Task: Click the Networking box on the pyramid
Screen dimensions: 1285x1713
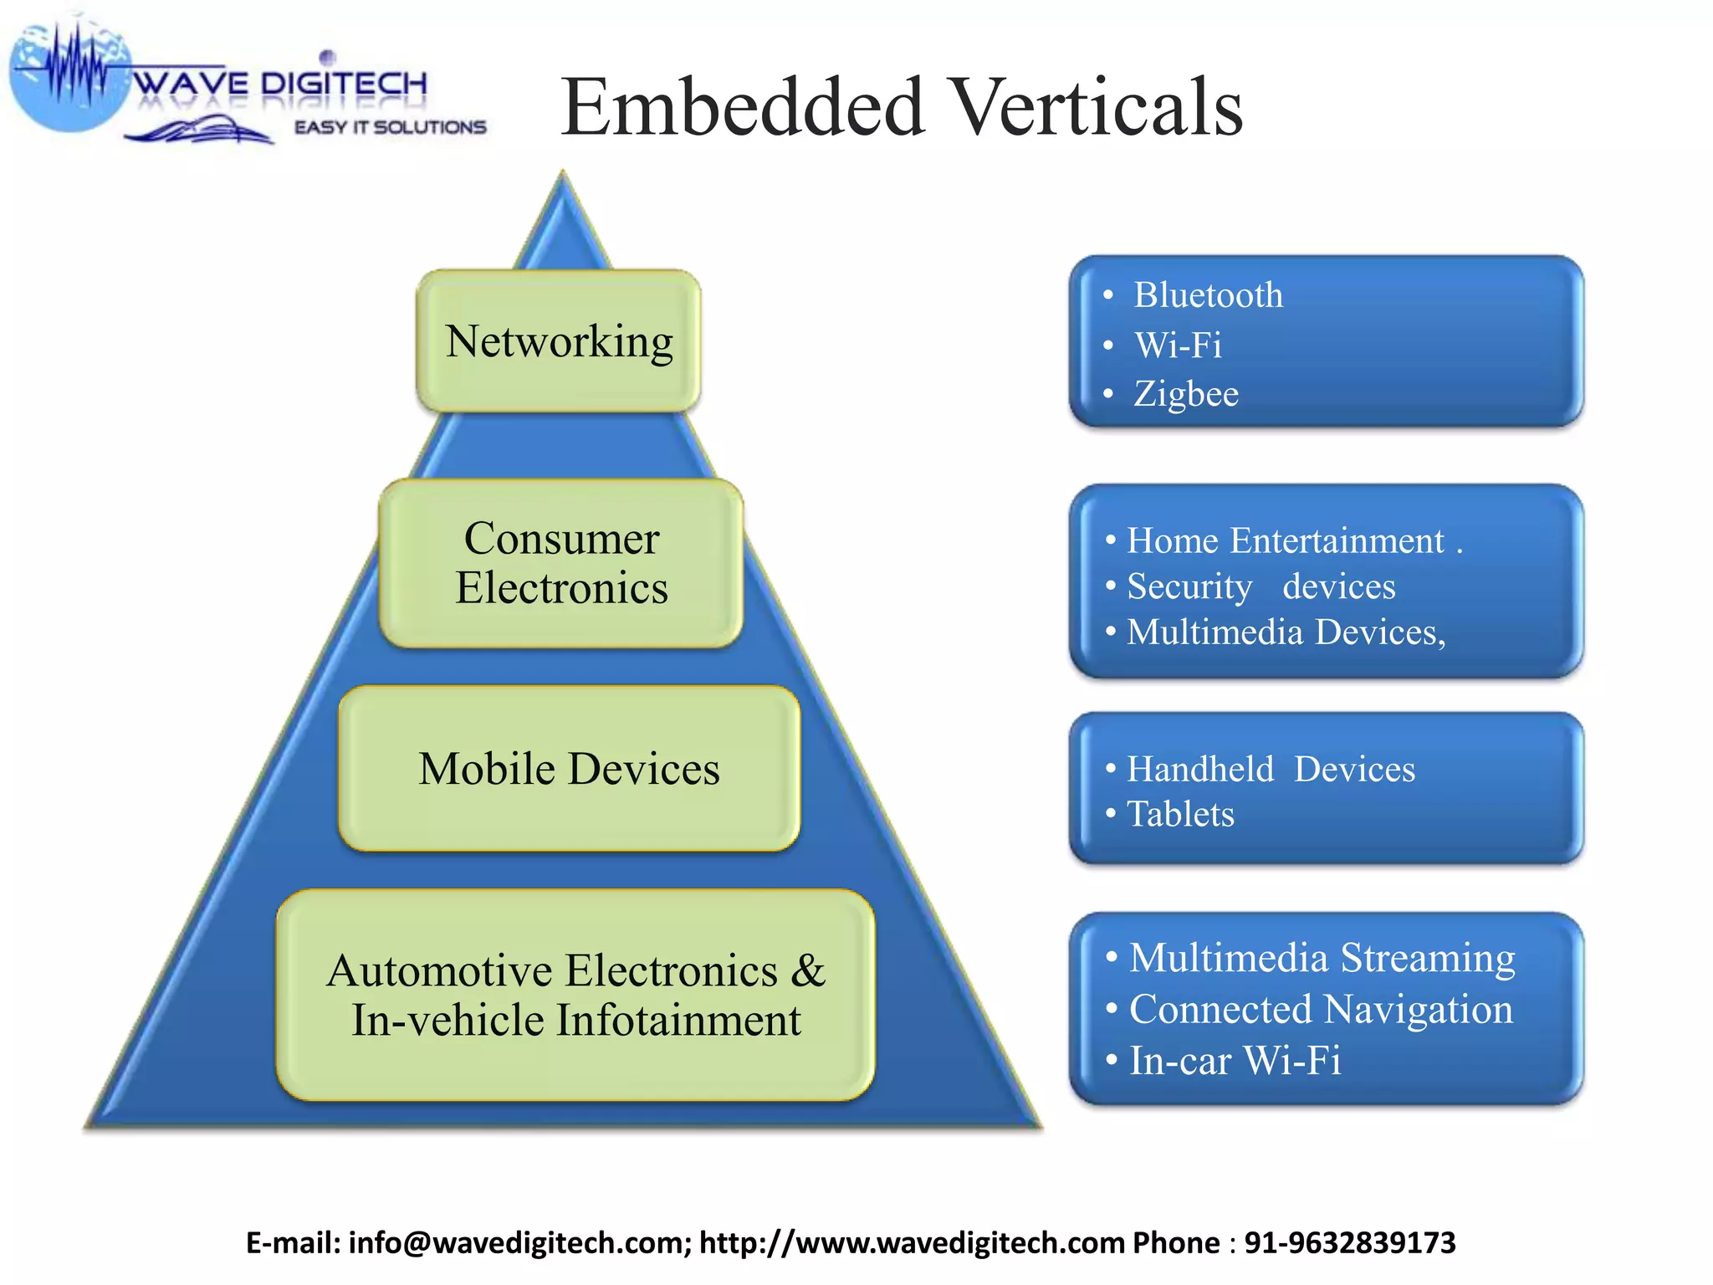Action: [559, 341]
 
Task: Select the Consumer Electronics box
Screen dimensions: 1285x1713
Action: [561, 563]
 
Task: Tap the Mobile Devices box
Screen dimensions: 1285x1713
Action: [569, 769]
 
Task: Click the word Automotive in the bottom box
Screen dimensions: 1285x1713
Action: [440, 971]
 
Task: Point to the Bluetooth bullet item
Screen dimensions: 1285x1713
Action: [1208, 295]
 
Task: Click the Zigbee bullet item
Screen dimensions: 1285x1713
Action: [1186, 394]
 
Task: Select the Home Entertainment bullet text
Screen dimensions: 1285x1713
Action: [1285, 540]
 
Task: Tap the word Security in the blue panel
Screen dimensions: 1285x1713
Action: [1189, 586]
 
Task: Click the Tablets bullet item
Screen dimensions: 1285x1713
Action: [1180, 814]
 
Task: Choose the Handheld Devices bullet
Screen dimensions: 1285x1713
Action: [1271, 769]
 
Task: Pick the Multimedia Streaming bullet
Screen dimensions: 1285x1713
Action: [1322, 958]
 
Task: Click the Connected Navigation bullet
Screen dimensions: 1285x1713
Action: [1321, 1010]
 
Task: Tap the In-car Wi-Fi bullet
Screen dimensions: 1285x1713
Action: [1235, 1061]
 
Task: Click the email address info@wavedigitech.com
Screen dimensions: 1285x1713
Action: [517, 1243]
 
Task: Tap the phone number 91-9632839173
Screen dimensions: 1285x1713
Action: [1350, 1243]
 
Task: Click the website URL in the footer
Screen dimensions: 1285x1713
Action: [912, 1243]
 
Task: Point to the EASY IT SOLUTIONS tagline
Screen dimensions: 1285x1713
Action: [390, 127]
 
